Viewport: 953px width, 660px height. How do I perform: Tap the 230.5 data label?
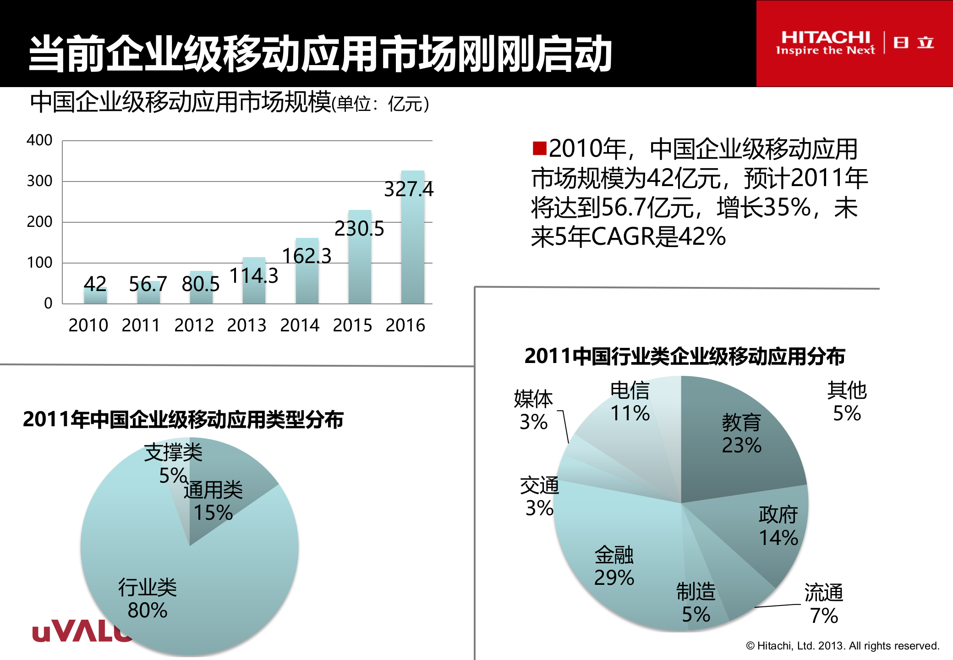[x=359, y=228]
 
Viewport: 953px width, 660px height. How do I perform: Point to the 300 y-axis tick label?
[x=39, y=181]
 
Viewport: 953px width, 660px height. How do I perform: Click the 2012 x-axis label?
[x=194, y=325]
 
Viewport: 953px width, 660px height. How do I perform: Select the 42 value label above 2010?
[x=95, y=284]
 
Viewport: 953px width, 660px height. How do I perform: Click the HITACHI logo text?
[x=825, y=38]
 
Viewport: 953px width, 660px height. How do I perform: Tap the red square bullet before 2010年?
[x=539, y=148]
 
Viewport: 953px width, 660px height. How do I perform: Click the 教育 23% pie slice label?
[x=741, y=434]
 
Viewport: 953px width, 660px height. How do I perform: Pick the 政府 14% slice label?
[x=778, y=526]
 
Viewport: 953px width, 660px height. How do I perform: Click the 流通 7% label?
[x=823, y=604]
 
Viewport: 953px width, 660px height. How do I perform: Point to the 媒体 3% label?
[x=533, y=410]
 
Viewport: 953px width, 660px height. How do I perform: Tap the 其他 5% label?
[x=847, y=401]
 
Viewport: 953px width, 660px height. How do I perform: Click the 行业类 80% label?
[x=148, y=599]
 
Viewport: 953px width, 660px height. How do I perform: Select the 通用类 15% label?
[x=213, y=501]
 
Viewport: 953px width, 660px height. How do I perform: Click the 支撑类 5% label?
[x=173, y=463]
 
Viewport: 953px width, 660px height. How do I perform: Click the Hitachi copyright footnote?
[x=842, y=646]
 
